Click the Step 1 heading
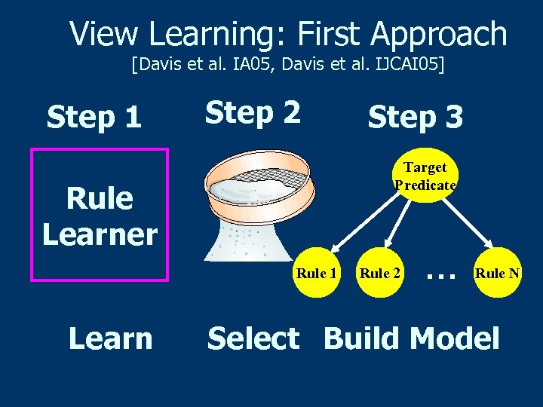[x=94, y=117]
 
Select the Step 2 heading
[x=253, y=112]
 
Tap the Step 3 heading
[x=415, y=117]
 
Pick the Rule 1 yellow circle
[x=316, y=273]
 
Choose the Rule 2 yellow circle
[x=379, y=273]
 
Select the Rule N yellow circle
[x=496, y=273]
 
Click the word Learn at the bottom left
[x=110, y=338]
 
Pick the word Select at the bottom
[x=253, y=338]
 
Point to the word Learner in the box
[x=100, y=234]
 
